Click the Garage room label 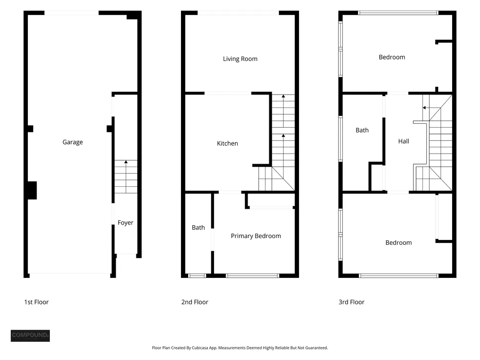coord(72,142)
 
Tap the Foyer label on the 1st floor coord(125,223)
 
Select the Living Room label coord(240,59)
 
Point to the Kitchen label coord(227,143)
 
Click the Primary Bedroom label coord(256,236)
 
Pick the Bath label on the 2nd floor coord(198,228)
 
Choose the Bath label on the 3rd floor coord(362,130)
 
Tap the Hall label coord(404,141)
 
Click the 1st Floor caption coord(36,302)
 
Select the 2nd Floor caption coord(195,302)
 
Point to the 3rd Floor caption coord(351,302)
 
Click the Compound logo coord(30,336)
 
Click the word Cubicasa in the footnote coord(201,348)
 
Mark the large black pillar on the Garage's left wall coord(32,191)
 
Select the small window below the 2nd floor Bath coord(197,276)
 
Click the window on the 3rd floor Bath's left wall coord(340,139)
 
